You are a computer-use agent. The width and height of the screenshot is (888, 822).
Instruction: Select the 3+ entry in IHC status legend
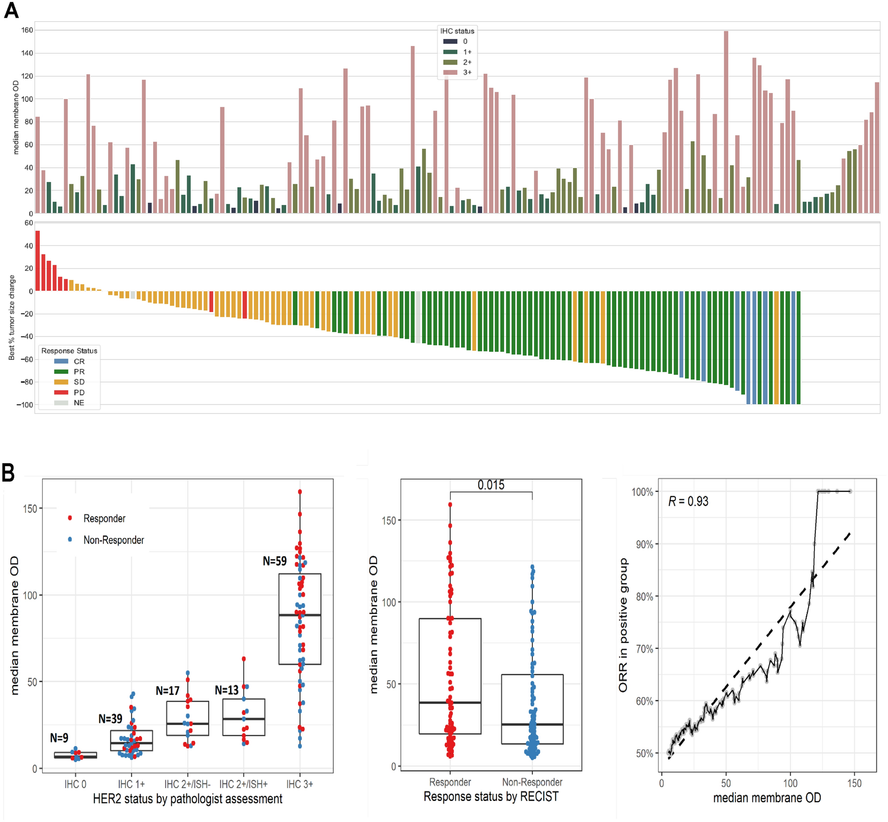point(467,72)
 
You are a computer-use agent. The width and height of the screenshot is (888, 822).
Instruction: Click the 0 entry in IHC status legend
point(465,41)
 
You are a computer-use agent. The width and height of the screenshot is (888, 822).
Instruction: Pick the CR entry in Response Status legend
point(79,361)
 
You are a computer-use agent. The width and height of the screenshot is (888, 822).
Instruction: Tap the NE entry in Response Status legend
point(79,402)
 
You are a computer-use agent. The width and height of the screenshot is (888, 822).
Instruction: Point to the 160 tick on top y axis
point(27,30)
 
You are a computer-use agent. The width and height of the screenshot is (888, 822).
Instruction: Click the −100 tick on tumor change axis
point(24,405)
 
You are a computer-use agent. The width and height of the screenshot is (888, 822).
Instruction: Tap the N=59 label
point(274,561)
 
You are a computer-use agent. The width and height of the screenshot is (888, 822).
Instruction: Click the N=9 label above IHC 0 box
point(59,738)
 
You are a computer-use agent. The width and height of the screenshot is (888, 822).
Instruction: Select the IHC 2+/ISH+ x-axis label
point(243,784)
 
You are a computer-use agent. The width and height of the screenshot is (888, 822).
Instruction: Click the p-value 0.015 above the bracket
point(491,485)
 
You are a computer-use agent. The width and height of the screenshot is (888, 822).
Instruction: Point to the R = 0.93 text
point(688,501)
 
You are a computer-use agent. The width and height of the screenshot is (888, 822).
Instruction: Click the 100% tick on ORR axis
point(642,492)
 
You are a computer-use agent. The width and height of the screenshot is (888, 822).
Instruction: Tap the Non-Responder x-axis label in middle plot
point(532,782)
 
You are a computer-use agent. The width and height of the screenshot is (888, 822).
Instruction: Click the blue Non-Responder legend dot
point(70,540)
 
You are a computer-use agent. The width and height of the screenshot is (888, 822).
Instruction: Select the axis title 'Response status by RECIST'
point(491,797)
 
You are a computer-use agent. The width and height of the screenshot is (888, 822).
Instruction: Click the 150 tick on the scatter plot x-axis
point(854,783)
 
